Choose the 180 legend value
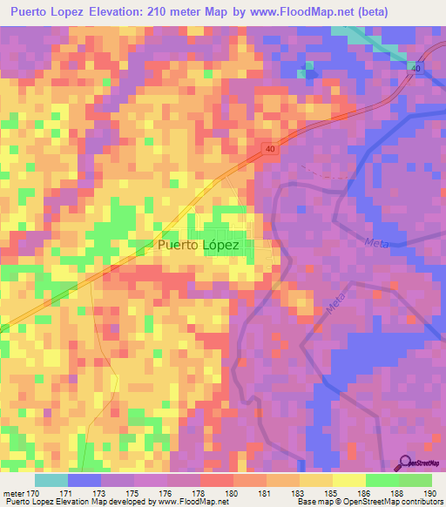(231, 494)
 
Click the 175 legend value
(132, 494)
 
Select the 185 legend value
(331, 494)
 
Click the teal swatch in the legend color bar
(51, 480)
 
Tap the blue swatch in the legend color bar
(84, 480)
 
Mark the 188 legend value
(398, 494)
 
